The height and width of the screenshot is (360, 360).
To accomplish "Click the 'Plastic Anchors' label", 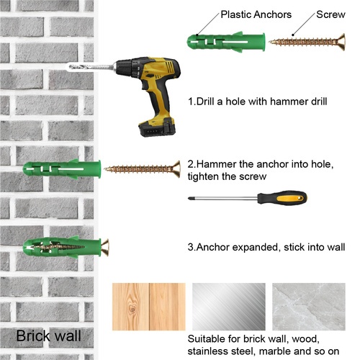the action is point(256,14).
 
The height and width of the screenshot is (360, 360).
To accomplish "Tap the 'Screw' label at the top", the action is point(330,14).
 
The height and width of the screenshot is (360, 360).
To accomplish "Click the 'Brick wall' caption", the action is point(48,336).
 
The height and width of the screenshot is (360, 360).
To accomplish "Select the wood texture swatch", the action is point(149,307).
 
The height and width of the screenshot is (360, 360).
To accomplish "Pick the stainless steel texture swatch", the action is point(229,307).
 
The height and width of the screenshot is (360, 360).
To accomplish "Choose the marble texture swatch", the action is point(309,307).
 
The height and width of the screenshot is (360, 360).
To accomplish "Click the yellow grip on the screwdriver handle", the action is point(290,198).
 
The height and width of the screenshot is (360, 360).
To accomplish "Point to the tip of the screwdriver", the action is point(189,198).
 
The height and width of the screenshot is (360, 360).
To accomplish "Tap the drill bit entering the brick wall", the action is point(91,67).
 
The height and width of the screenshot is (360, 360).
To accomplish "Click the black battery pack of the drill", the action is point(157,128).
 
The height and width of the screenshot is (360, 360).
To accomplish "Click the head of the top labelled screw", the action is point(341,42).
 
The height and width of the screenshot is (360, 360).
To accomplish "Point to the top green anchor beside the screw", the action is point(226,42).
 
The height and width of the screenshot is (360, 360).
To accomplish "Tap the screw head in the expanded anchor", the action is point(105,248).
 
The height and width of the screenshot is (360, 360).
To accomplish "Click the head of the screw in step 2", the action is point(176,169).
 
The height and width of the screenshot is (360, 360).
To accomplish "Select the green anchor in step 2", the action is point(62,169).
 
